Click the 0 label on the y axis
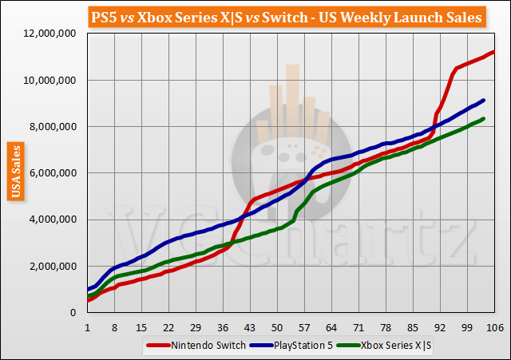pyautogui.click(x=73, y=313)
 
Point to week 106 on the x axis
pyautogui.click(x=493, y=326)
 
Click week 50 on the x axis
pyautogui.click(x=277, y=326)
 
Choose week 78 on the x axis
pyautogui.click(x=386, y=326)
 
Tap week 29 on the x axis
pyautogui.click(x=196, y=326)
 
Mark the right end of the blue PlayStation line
pyautogui.click(x=485, y=100)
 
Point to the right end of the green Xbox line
pyautogui.click(x=485, y=119)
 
